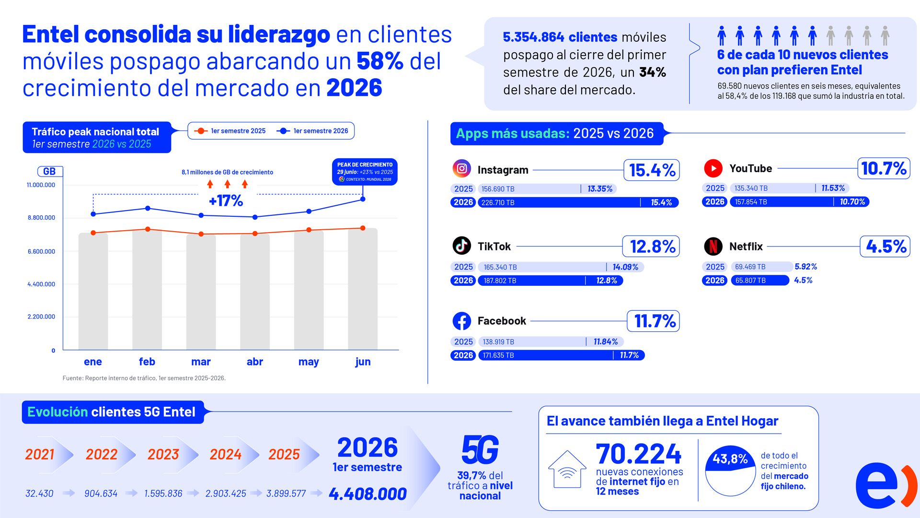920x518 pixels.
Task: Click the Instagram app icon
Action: click(x=461, y=168)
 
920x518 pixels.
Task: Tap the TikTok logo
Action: click(x=461, y=246)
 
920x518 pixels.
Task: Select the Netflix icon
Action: click(x=713, y=246)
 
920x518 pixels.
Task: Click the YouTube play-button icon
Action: click(x=713, y=168)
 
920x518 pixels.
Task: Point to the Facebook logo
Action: click(x=461, y=321)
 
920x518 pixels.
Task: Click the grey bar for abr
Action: click(x=255, y=292)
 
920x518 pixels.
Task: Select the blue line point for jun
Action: click(x=363, y=199)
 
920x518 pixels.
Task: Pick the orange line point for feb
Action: click(x=148, y=229)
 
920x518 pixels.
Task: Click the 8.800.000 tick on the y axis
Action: click(x=41, y=218)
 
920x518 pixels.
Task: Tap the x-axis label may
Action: click(x=309, y=362)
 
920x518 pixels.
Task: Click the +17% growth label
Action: click(x=226, y=200)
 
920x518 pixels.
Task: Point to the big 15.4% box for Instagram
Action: click(x=652, y=170)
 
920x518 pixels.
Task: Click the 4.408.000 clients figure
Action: click(x=368, y=494)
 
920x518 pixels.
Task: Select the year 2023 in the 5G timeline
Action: click(x=163, y=454)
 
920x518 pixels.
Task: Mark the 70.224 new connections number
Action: click(x=638, y=454)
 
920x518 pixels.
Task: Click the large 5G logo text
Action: click(x=480, y=450)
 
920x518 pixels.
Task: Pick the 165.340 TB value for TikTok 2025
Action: click(x=500, y=267)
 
